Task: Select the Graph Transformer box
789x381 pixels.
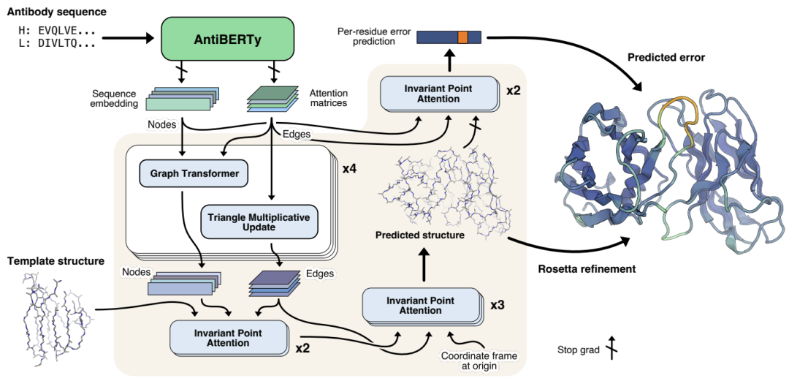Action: [x=194, y=174]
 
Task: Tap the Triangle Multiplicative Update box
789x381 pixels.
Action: [x=259, y=221]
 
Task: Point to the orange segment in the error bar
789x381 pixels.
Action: [x=462, y=37]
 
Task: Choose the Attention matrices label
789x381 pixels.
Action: [x=329, y=99]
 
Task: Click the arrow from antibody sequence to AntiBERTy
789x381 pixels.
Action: [x=128, y=37]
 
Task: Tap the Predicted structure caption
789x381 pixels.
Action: [x=420, y=235]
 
